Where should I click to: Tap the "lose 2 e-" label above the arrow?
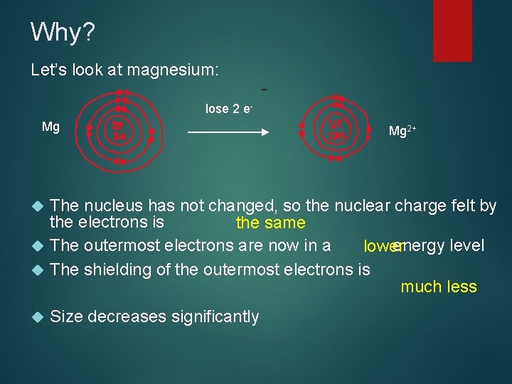point(229,109)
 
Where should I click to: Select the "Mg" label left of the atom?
point(50,127)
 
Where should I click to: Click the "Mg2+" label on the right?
point(402,132)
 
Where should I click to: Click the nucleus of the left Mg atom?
point(119,131)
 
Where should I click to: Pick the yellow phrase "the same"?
point(270,223)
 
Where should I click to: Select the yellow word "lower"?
point(381,247)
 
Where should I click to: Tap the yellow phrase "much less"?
point(438,287)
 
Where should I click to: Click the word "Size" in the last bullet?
point(66,316)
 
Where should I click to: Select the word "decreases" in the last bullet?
point(124,316)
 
